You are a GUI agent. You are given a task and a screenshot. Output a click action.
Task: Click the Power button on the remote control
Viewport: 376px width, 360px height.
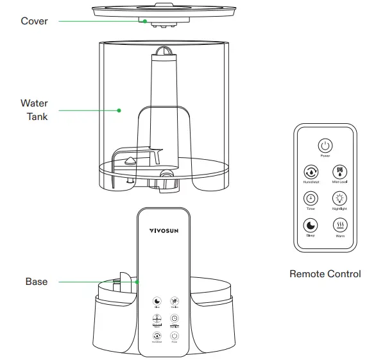pos(325,146)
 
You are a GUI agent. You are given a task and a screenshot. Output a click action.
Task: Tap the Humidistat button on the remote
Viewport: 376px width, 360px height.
pos(311,172)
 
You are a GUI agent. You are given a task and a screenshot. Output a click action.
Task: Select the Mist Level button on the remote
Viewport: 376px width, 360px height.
pos(339,172)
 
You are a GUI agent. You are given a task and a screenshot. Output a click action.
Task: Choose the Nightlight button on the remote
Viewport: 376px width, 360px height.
pos(339,198)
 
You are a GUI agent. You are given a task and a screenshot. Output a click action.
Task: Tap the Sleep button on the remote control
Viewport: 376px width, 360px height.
pos(311,225)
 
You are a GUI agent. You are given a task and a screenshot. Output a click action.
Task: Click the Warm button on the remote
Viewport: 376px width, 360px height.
pos(339,225)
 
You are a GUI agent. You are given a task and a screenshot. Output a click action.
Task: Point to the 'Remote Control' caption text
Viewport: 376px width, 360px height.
pos(325,274)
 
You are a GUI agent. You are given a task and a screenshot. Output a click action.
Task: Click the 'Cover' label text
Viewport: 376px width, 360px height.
pos(34,21)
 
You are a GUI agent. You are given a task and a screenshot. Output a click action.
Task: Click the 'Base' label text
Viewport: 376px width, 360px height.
pos(37,282)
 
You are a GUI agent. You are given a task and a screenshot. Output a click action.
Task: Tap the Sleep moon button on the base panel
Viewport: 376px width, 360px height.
pos(157,301)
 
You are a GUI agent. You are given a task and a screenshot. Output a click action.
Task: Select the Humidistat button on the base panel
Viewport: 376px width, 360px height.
pos(157,336)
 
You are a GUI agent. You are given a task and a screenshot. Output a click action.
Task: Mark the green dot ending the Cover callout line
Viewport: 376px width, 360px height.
pos(146,21)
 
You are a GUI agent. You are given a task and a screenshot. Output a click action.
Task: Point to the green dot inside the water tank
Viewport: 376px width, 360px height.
pos(119,110)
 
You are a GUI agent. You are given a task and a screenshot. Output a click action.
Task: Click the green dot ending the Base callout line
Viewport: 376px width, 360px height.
pos(137,282)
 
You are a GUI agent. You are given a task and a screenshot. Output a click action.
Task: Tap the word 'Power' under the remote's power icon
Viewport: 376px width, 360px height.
pos(325,156)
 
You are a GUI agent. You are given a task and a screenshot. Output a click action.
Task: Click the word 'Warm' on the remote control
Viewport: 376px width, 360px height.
pos(339,236)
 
